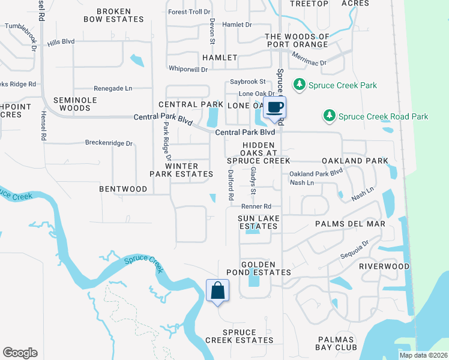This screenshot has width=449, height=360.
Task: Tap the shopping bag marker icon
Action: (218, 291)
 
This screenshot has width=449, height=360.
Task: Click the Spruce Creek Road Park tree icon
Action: (328, 116)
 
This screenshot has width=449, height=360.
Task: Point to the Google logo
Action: (20, 353)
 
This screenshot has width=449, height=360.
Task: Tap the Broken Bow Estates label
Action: (121, 15)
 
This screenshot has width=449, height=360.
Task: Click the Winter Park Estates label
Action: (181, 170)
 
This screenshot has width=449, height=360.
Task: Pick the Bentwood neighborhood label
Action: (123, 189)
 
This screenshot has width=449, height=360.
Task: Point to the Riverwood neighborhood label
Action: (384, 266)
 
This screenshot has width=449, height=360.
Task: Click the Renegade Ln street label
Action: (112, 88)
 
